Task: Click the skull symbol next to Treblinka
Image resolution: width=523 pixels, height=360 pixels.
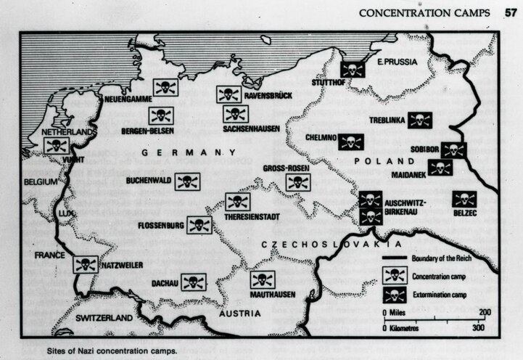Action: pos(419,120)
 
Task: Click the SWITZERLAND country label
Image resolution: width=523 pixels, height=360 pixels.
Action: pos(106,318)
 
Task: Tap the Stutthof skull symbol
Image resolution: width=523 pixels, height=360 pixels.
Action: pos(352,70)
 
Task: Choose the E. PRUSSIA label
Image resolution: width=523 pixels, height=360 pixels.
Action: pos(397,62)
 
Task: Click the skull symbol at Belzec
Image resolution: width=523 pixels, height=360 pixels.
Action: pos(464,199)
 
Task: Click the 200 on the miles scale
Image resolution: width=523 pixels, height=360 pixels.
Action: pos(483,312)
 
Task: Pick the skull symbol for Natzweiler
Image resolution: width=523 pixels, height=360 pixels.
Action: pos(85,264)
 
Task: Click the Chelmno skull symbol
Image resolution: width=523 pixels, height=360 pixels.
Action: pos(351,142)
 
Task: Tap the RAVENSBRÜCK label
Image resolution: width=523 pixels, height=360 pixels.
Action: pos(271,94)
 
